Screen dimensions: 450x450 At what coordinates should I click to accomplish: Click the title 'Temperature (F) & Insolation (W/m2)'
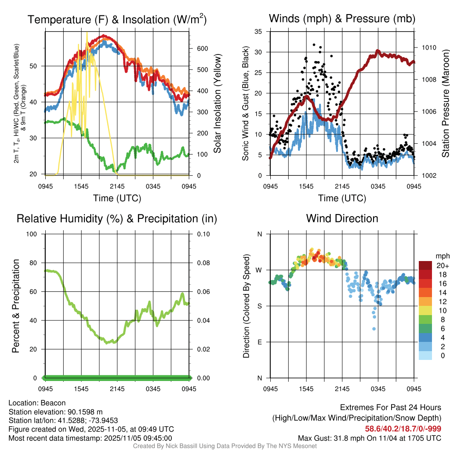(x=117, y=19)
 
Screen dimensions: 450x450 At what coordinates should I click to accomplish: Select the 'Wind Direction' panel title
(x=342, y=218)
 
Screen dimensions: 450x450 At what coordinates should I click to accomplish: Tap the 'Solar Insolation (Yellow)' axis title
(x=217, y=104)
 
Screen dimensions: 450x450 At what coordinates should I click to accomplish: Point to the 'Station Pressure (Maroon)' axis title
(x=445, y=104)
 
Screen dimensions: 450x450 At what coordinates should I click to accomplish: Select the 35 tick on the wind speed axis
(x=258, y=31)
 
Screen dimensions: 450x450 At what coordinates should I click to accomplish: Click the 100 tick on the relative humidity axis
(x=35, y=234)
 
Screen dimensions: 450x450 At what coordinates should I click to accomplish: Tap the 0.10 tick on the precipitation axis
(x=203, y=234)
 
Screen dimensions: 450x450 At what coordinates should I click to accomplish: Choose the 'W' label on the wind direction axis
(x=259, y=270)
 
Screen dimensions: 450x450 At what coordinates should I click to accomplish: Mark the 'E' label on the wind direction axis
(x=260, y=342)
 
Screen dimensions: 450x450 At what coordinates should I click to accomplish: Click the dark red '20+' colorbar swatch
(x=425, y=266)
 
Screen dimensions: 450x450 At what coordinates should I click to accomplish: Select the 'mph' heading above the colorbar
(x=442, y=256)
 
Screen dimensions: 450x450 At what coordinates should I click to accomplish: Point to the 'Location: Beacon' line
(x=37, y=403)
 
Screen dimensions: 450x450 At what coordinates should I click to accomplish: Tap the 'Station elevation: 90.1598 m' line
(x=55, y=412)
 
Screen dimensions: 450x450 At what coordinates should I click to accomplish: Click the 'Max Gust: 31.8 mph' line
(x=370, y=438)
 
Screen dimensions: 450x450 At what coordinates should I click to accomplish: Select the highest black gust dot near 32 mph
(x=314, y=44)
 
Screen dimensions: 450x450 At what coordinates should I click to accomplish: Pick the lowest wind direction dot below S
(x=374, y=329)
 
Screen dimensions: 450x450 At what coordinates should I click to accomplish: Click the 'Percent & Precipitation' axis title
(x=16, y=306)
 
